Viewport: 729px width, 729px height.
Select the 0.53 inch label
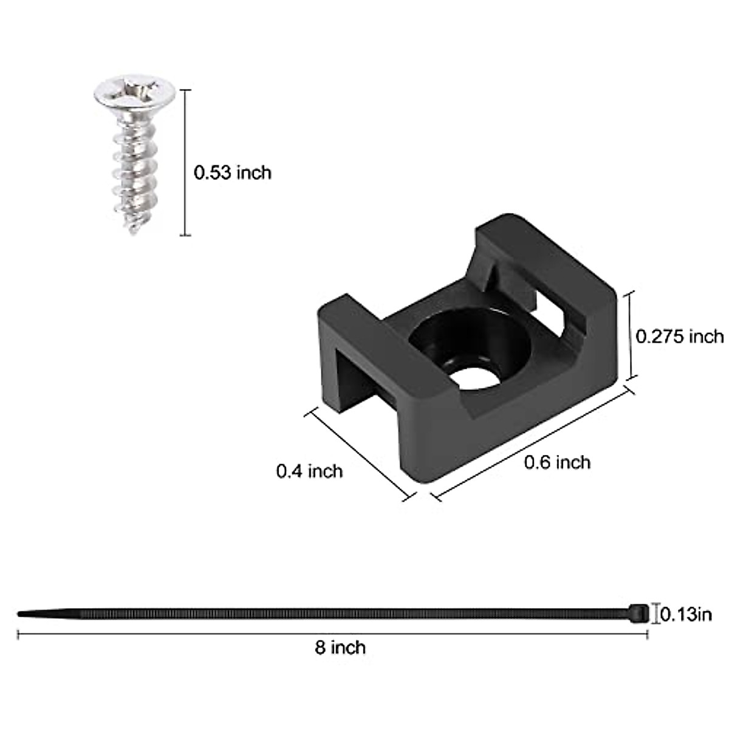[x=232, y=173]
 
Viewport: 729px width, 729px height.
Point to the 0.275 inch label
[x=679, y=336]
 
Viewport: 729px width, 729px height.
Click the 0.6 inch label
[x=557, y=462]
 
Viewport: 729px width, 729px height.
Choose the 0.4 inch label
[x=309, y=471]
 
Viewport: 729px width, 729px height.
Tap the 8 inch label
[x=340, y=648]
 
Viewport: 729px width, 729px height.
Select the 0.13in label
[x=686, y=615]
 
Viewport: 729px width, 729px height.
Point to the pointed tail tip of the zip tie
[x=22, y=614]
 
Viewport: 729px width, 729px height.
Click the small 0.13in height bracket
[x=655, y=614]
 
